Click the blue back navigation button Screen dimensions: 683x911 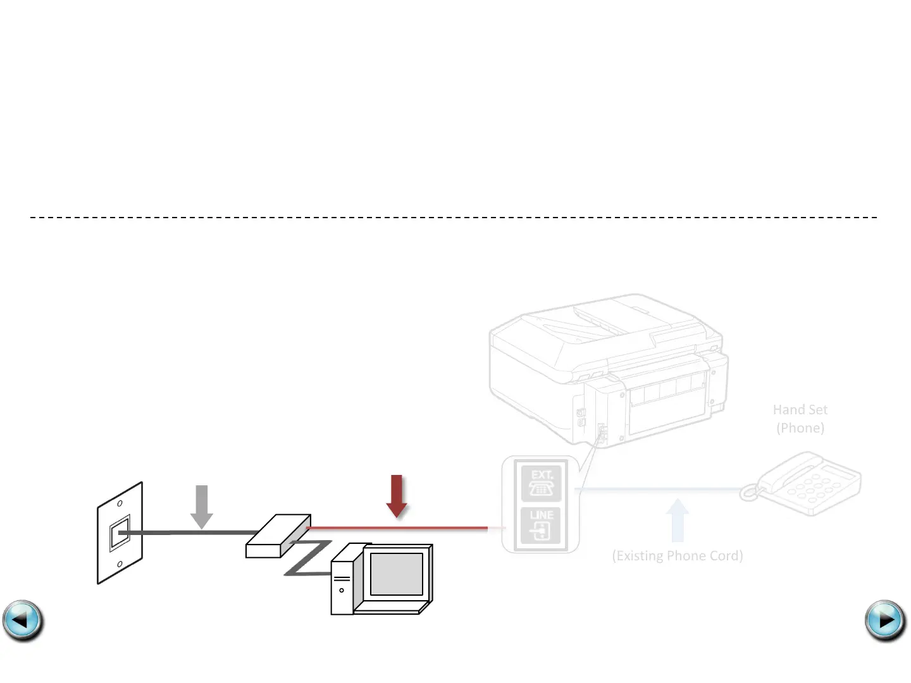coord(23,620)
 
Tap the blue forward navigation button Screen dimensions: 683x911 coord(885,620)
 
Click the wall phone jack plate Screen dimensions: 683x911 coord(120,533)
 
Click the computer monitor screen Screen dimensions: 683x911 coord(396,574)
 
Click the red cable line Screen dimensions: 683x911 coord(399,527)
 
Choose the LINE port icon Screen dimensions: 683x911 coord(541,526)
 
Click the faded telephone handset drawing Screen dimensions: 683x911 coord(807,483)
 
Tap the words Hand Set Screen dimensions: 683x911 coord(800,410)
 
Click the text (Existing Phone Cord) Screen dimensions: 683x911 coord(677,556)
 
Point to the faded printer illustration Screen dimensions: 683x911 coord(607,367)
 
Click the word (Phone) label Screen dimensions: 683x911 coord(800,428)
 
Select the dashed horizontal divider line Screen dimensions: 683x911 coord(454,217)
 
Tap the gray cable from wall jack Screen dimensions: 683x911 coord(190,533)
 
